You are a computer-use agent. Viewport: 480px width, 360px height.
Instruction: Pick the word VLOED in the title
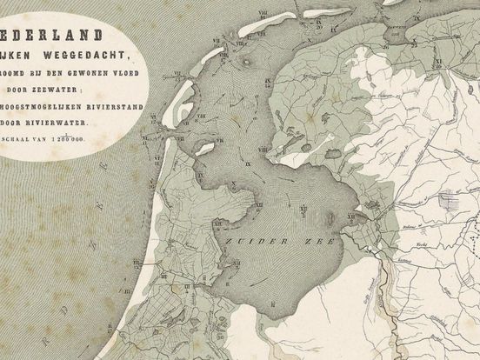click(123, 73)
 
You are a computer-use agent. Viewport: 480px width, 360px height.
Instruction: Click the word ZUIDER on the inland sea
click(245, 237)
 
